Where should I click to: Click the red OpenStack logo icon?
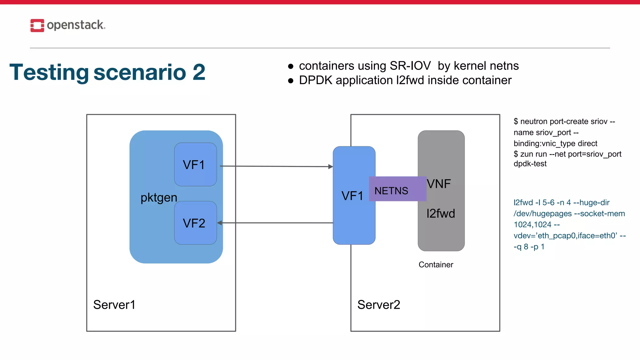pos(37,25)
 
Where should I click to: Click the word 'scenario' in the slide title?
pos(140,72)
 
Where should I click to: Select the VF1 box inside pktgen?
pos(195,165)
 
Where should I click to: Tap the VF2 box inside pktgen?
pos(195,223)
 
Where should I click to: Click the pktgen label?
pos(159,197)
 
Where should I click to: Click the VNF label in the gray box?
pos(439,184)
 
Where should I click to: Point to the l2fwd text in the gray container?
pos(441,214)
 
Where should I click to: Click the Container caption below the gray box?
pos(436,265)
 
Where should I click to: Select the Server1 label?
pos(114,305)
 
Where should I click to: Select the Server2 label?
pos(379,305)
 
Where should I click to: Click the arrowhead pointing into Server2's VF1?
pos(331,167)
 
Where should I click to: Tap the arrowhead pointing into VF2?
pos(220,223)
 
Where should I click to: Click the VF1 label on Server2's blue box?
pos(352,196)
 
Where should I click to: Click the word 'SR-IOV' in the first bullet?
pos(410,66)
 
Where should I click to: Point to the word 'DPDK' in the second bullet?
pos(315,80)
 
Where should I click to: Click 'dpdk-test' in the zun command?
pos(530,164)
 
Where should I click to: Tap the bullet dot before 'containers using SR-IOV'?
pos(291,66)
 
